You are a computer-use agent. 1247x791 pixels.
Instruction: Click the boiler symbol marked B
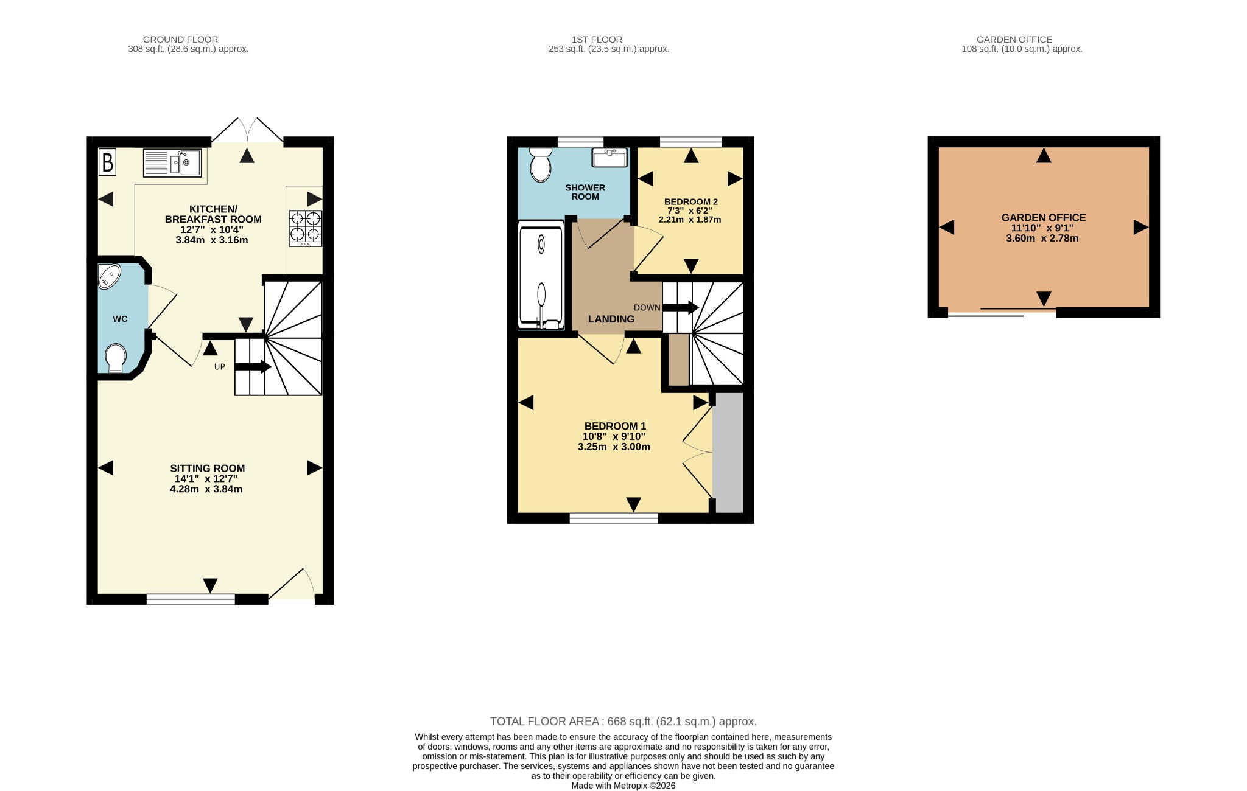click(107, 162)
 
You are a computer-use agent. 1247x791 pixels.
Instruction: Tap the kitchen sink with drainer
click(172, 163)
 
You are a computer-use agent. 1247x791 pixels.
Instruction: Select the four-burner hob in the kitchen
click(306, 228)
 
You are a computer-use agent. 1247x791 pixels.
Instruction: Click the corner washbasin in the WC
click(110, 276)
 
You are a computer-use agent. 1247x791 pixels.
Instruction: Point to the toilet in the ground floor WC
click(116, 358)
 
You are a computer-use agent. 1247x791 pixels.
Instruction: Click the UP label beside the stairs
click(220, 367)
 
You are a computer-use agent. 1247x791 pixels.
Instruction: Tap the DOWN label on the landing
click(647, 308)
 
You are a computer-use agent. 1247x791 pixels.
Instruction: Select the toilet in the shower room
click(540, 164)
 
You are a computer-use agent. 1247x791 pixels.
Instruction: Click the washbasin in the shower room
click(609, 158)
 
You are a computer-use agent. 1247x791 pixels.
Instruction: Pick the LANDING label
click(611, 319)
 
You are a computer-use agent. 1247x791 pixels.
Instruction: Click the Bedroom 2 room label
click(691, 201)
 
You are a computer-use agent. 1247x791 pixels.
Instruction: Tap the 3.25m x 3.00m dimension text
click(614, 447)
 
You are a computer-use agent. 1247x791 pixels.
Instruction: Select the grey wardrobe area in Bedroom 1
click(729, 453)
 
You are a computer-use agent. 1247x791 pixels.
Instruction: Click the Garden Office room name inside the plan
click(1044, 217)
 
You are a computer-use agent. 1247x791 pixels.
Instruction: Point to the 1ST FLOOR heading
click(597, 40)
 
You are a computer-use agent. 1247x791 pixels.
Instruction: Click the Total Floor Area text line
click(623, 722)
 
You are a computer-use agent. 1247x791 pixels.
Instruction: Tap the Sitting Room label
click(208, 469)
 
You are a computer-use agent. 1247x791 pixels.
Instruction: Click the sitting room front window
click(191, 599)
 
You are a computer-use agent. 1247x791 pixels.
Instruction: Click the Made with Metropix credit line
click(623, 786)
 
